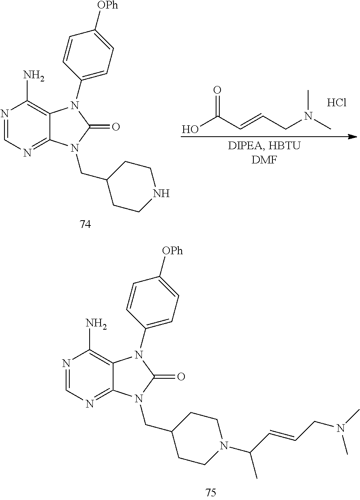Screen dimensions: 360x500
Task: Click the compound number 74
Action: pos(85,224)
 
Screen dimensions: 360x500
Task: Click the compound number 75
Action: pos(211,492)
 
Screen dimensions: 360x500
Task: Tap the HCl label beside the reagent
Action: pos(336,103)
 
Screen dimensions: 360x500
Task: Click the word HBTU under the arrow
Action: pos(284,146)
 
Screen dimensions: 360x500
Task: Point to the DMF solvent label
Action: pos(264,160)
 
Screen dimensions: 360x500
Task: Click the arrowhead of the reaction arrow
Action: pos(354,136)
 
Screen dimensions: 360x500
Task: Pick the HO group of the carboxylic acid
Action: pos(191,129)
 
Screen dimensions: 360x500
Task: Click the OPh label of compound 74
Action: pos(108,5)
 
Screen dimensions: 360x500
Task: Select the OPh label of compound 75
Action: pos(173,251)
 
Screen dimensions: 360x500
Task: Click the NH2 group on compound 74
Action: pos(34,76)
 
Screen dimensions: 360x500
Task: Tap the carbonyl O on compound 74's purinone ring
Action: pos(116,127)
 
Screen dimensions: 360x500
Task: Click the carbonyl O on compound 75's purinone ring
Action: pos(181,377)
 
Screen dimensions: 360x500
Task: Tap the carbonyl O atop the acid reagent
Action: pos(217,90)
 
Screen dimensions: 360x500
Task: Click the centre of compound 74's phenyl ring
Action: pos(88,55)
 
